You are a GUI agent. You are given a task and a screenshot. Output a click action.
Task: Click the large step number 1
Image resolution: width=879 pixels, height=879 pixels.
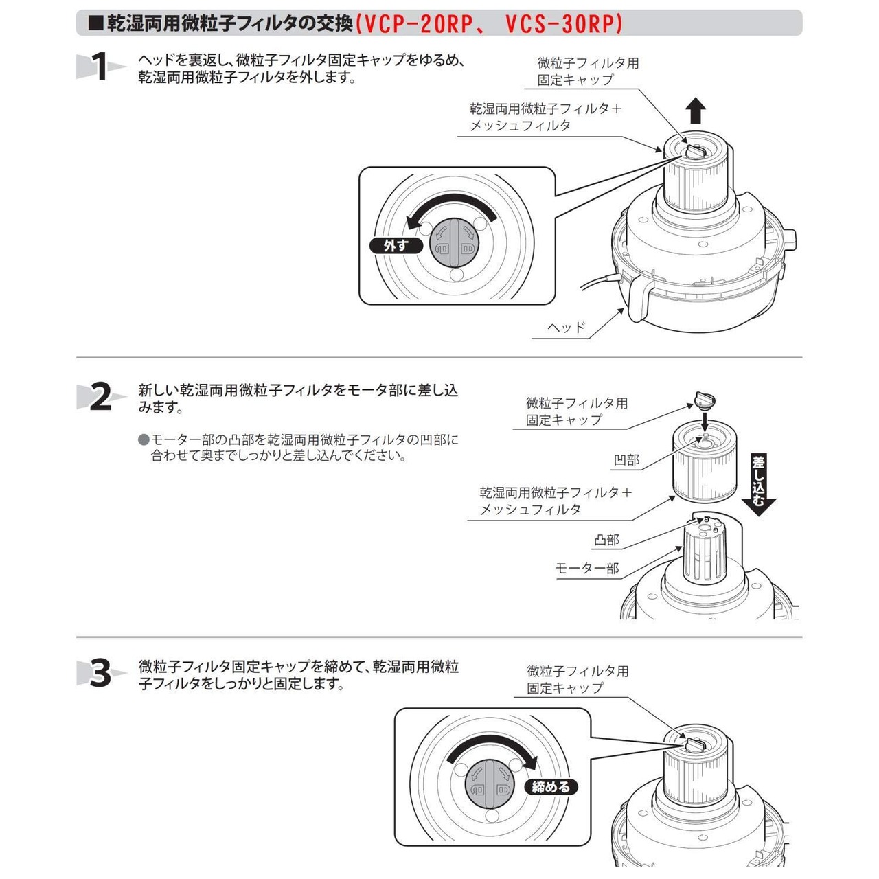coord(100,67)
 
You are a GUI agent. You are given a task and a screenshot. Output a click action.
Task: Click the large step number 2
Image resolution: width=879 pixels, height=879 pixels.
coord(100,398)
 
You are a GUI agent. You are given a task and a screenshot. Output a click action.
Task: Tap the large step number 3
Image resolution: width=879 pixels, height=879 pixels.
coord(100,674)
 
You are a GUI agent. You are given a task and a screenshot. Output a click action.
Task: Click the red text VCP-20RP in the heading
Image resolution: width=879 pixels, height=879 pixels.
coord(418,24)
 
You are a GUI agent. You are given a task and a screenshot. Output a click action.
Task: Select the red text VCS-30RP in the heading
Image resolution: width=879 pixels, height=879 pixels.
coord(563,24)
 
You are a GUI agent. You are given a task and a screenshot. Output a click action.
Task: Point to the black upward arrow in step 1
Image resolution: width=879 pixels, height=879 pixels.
coord(696,110)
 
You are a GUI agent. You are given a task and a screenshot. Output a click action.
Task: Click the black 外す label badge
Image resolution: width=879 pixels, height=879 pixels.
coord(396,245)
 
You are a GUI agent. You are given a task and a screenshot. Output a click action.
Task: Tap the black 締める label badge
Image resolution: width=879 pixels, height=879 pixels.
coord(551,787)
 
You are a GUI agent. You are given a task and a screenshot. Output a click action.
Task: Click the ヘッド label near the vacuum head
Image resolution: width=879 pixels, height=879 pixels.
coord(567,328)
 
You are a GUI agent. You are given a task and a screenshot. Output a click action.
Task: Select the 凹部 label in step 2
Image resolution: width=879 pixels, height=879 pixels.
coord(626,460)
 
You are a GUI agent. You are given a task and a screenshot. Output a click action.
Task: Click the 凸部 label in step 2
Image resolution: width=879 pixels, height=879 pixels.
coord(606,540)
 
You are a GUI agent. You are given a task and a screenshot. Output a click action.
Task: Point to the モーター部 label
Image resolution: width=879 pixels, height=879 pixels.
coord(587,569)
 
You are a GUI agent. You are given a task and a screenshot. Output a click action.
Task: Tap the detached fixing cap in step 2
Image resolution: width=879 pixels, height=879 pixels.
coord(704,398)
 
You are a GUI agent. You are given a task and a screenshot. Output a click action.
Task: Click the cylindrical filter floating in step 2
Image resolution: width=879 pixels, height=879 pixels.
coord(703,460)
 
